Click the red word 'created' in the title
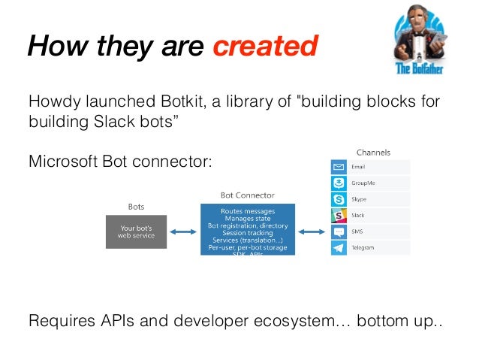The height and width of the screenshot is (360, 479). coord(264,47)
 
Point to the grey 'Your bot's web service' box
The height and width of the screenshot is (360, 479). coord(136,231)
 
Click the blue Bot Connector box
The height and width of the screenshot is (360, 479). coord(247,228)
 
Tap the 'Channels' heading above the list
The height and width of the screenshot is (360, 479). coord(373,153)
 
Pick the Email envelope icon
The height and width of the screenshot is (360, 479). coord(339,167)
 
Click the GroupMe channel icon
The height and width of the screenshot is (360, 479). coord(339,183)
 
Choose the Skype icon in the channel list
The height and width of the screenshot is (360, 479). coord(339,199)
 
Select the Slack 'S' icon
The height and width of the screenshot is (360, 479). coord(339,215)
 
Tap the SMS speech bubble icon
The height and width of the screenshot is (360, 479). coord(339,231)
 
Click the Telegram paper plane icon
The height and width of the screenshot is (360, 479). coord(339,247)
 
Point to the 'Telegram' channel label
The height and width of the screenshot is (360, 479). coord(363,247)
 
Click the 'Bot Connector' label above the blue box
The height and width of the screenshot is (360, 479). coord(247,195)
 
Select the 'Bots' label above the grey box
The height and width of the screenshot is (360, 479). coord(136,206)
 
